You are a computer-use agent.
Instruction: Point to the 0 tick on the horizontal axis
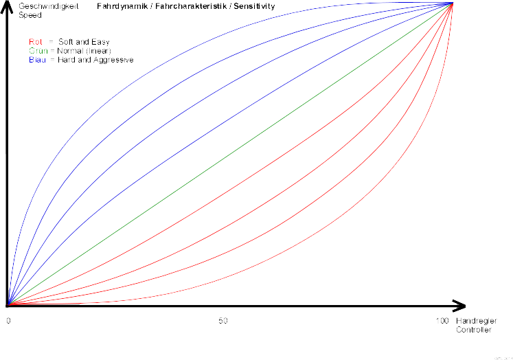(x=8, y=322)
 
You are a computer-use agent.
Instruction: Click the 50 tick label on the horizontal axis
(x=223, y=322)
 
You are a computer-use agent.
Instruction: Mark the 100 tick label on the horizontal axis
(x=442, y=322)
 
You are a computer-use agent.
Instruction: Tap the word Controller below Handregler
(x=474, y=330)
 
